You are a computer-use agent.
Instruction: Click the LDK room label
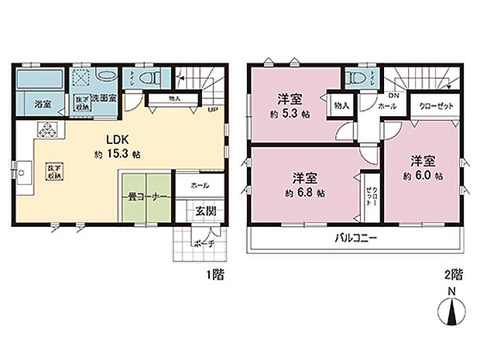coord(105,140)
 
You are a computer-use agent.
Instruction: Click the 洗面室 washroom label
coord(103,99)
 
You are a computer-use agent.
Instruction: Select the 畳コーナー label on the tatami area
coord(145,197)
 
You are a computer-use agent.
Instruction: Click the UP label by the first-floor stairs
coord(211,109)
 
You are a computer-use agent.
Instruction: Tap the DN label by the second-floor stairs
coord(393,96)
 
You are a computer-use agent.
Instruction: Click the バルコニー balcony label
coord(356,238)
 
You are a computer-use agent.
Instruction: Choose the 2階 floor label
coord(454,275)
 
